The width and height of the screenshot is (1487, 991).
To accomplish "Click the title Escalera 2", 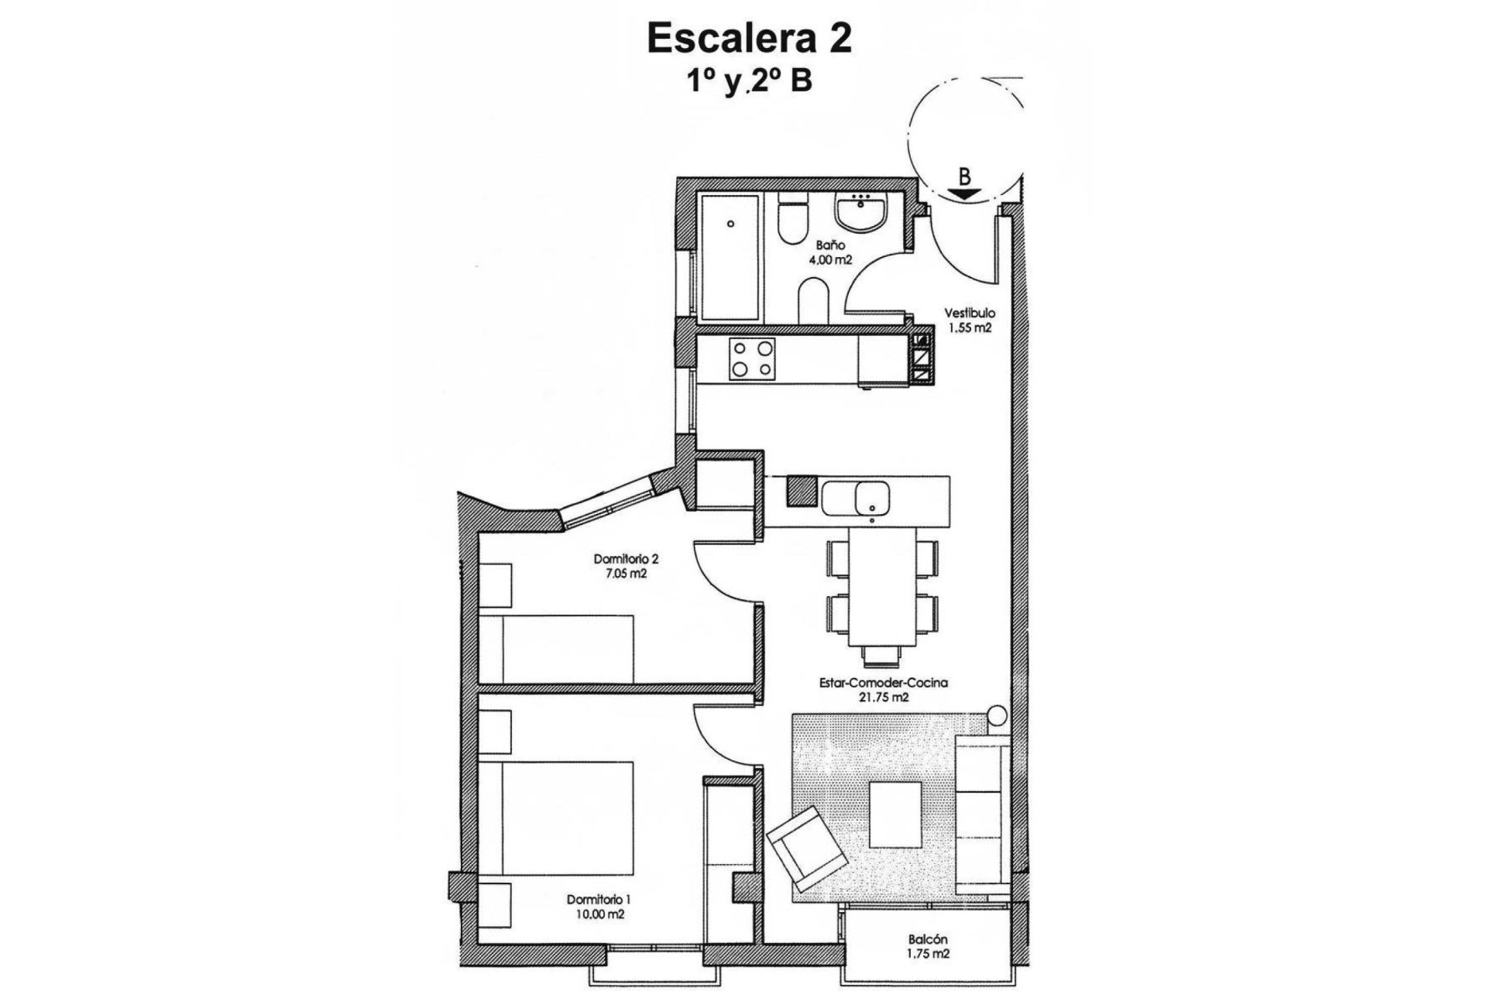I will [x=749, y=39].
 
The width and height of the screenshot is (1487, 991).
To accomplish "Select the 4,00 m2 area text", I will [x=829, y=260].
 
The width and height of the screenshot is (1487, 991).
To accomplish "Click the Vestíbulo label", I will [x=969, y=314].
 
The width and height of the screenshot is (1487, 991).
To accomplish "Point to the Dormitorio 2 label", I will [x=626, y=559].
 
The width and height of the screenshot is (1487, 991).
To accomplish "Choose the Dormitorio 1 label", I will [x=599, y=900].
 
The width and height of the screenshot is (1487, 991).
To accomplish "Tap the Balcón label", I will [x=928, y=940].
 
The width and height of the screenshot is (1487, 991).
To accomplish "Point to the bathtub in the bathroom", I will [x=731, y=257].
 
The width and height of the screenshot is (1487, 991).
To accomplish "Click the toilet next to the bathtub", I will [x=792, y=220].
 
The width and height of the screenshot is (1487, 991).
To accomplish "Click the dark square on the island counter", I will [x=802, y=491].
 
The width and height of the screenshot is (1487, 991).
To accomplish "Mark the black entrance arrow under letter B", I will [x=963, y=194].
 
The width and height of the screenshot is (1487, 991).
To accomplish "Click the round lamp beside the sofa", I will [x=997, y=715].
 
